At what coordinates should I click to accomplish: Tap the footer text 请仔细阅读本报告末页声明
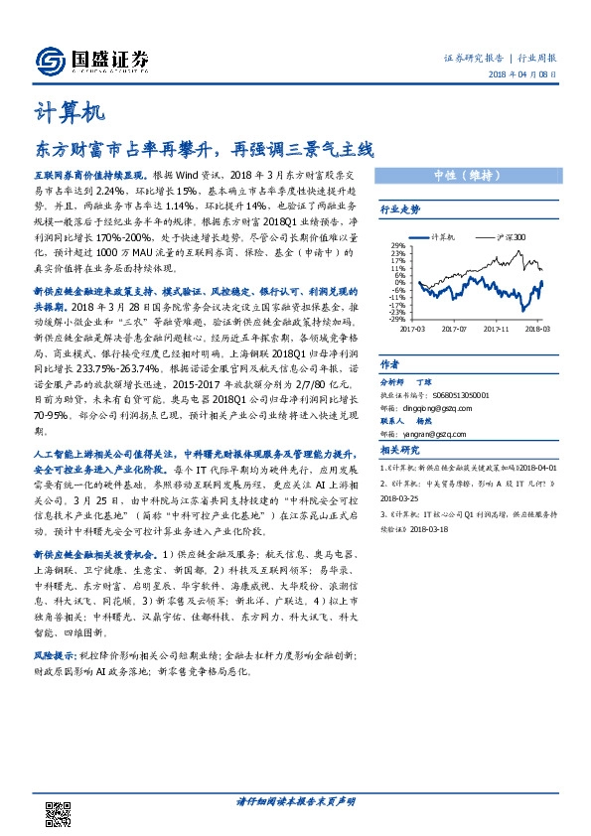[295, 800]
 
